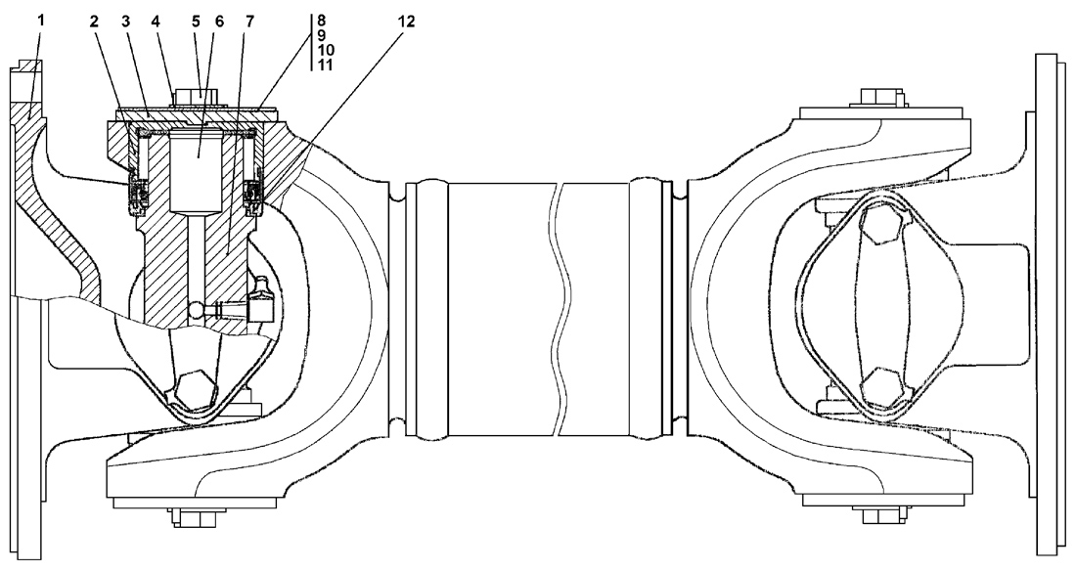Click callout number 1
pos(40,20)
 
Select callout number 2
pos(94,22)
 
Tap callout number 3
pos(125,22)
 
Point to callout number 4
pos(156,22)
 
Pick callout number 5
pos(196,22)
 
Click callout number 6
pos(219,22)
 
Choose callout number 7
pos(249,22)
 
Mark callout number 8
pos(322,20)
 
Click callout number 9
pos(322,35)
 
